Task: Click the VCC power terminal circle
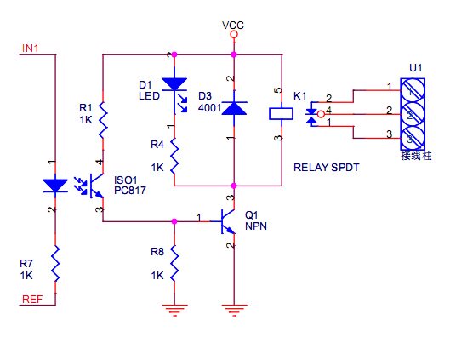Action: point(234,35)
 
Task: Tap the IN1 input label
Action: point(30,49)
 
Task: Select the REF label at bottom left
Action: point(32,299)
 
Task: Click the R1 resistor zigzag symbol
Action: point(103,120)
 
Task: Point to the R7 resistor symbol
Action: point(55,264)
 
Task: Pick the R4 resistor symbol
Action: point(174,156)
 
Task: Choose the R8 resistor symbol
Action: point(174,263)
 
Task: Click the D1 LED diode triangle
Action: point(174,84)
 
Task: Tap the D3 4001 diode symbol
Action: point(234,108)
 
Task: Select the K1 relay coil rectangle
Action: point(281,114)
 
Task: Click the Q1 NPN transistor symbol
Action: point(226,221)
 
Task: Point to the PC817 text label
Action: point(130,191)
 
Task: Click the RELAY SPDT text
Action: point(327,168)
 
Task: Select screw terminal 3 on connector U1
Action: point(413,138)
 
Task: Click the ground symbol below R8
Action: point(174,310)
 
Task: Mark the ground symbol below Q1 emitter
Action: point(234,310)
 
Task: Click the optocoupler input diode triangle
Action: point(55,186)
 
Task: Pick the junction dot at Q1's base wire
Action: point(174,221)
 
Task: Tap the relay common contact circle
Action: point(322,114)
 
